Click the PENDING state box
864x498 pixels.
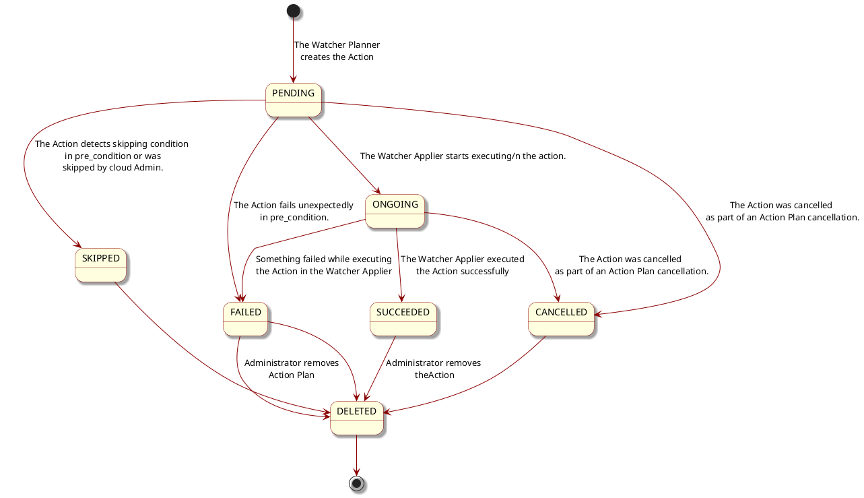pos(294,100)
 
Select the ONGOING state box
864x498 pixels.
pos(395,211)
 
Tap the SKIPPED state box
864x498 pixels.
pos(100,265)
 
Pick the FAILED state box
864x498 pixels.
pos(245,319)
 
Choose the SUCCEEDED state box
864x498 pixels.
pos(403,319)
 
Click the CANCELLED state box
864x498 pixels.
pos(561,319)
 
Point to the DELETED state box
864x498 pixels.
pos(356,418)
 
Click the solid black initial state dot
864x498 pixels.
pos(293,11)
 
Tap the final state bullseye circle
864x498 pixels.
pos(356,483)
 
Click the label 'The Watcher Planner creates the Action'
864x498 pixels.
pos(337,51)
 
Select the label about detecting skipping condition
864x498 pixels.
pos(112,156)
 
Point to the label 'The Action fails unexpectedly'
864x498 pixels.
pos(293,211)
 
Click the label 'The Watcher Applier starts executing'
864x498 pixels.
pos(463,156)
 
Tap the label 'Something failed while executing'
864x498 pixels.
pos(323,265)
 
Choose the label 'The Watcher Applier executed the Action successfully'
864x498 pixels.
pos(462,265)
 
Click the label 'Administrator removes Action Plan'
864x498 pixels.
pos(291,369)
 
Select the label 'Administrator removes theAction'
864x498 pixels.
pos(433,369)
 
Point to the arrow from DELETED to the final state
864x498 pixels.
pos(356,455)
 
